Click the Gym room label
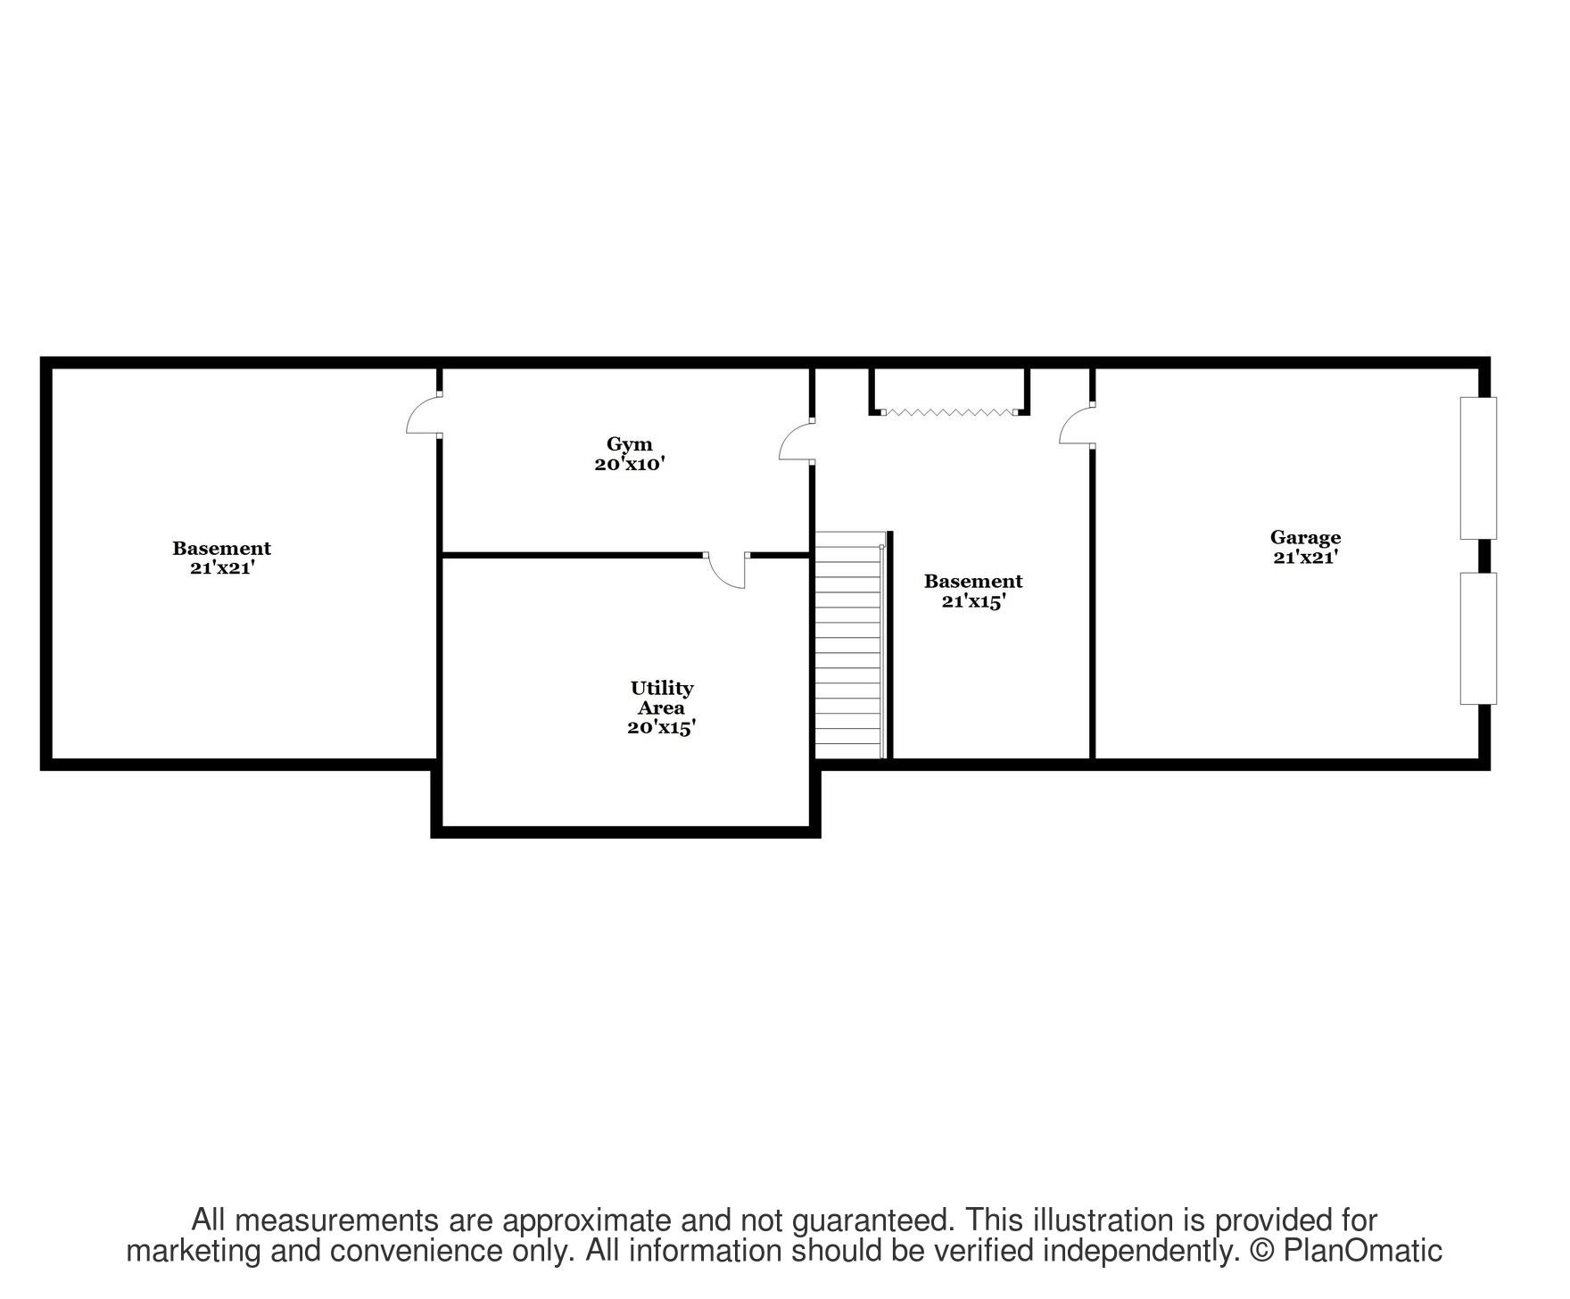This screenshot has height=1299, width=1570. [x=629, y=443]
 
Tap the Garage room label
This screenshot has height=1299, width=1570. [x=1305, y=537]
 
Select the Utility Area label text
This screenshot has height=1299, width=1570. [x=661, y=698]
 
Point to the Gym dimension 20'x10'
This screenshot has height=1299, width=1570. [x=630, y=464]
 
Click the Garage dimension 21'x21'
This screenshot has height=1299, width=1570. [x=1305, y=557]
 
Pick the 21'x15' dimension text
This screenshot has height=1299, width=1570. [x=973, y=601]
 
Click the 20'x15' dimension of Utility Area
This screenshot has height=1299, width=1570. [x=661, y=727]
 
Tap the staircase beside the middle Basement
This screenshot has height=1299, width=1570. [x=848, y=645]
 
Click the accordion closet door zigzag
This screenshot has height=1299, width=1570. [x=949, y=412]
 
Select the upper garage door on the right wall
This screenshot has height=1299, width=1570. [x=1477, y=467]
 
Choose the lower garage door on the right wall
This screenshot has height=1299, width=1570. [x=1477, y=638]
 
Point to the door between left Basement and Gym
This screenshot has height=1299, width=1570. [x=424, y=416]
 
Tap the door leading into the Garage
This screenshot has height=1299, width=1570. [x=1077, y=424]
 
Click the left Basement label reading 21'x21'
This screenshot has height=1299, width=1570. [x=222, y=567]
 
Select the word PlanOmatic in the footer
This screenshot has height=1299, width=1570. [x=1362, y=1251]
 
